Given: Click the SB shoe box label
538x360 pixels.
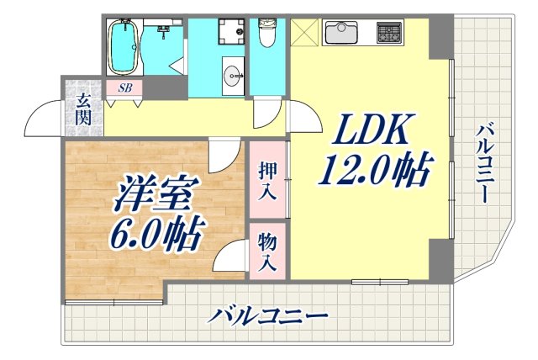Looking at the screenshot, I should point(124,87).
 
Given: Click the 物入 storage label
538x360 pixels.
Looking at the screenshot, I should point(267,251).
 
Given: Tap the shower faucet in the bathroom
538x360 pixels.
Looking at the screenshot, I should point(162,31).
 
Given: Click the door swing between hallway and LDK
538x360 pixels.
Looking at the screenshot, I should point(304,118).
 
